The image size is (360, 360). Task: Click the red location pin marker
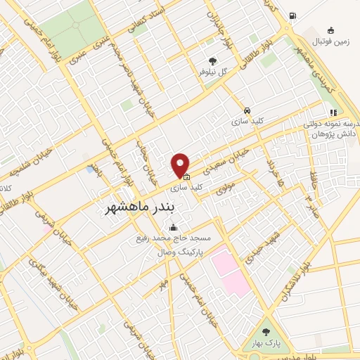181,165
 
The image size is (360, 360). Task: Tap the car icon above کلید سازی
247,110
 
